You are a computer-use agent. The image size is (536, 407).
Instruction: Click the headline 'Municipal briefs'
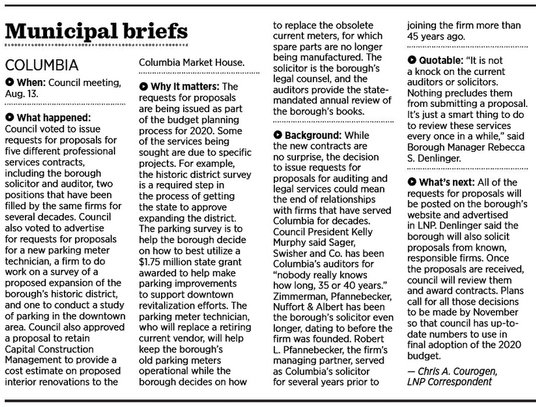tap(97, 31)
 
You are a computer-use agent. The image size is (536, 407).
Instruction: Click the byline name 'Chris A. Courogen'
tap(459, 372)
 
